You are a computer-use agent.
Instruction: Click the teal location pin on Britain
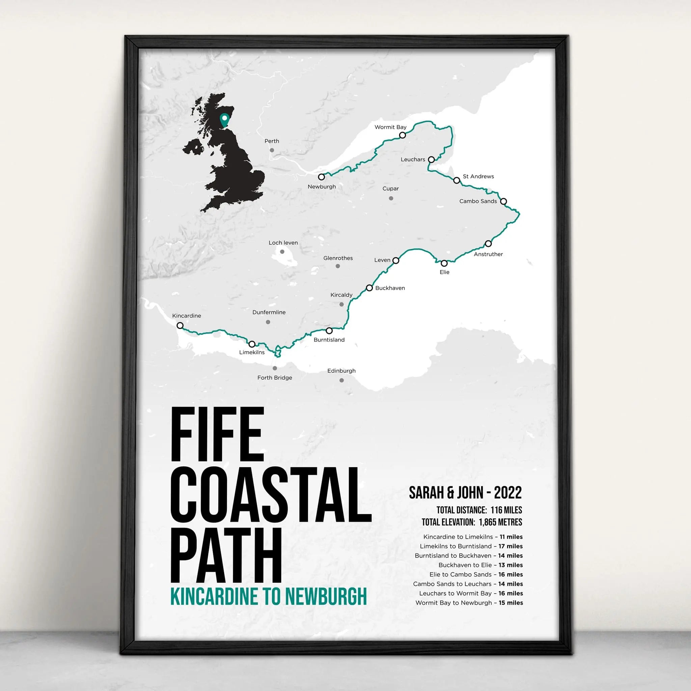[x=225, y=119]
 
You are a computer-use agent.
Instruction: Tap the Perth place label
[x=272, y=141]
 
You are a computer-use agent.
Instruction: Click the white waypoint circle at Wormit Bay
[x=403, y=135]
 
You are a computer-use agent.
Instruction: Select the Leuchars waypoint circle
[x=431, y=160]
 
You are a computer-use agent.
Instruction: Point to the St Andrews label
[x=478, y=176]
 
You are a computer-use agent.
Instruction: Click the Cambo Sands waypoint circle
[x=504, y=201]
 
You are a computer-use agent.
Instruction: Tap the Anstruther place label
[x=488, y=254]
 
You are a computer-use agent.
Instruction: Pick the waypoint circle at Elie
[x=444, y=263]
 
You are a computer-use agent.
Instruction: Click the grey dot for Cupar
[x=391, y=198]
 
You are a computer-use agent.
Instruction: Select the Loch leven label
[x=283, y=243]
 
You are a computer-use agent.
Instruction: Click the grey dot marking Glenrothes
[x=338, y=266]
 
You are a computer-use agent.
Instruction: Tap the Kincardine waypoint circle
[x=180, y=326]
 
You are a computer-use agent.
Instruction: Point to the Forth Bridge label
[x=275, y=378]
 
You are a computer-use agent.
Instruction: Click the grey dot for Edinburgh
[x=341, y=380]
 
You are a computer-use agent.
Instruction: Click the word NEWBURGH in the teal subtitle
[x=326, y=597]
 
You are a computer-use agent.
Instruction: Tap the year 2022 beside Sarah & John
[x=507, y=493]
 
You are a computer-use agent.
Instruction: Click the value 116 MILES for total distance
[x=506, y=510]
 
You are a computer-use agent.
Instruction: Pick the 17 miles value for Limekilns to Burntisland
[x=510, y=546]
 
